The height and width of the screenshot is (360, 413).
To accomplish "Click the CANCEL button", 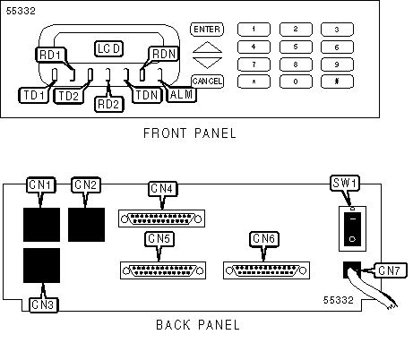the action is coord(207,81).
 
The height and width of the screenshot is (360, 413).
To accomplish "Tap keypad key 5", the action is coord(296,47).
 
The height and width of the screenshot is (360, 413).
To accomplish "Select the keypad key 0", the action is coord(296,81).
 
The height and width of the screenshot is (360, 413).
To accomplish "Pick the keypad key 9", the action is coord(337,64).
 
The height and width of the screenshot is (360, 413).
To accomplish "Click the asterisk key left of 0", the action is coord(254,81).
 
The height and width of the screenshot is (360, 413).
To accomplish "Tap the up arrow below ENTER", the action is coord(207,47).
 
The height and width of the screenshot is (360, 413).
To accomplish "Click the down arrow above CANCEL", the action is coord(207,62).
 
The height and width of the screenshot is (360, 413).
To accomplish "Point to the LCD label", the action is coord(108,48).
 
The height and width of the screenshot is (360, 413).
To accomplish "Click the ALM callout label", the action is coord(181,95).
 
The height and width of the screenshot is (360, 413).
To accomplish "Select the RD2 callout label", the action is coord(108,104).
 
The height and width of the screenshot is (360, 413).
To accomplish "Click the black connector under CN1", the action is coord(41,225).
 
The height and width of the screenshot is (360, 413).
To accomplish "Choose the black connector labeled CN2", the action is coord(86,225).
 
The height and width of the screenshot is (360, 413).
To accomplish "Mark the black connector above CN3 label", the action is coord(41,265).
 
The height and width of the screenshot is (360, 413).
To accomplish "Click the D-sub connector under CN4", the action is coord(161,219).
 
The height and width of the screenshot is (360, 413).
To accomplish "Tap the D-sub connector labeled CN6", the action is coord(266,270).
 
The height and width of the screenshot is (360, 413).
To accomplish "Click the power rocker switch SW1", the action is coord(352,229).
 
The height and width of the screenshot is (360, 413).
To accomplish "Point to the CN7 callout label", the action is coord(389,270).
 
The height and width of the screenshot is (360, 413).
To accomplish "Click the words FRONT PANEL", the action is coord(190,133).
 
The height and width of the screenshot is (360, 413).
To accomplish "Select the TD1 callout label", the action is coord(34,96).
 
